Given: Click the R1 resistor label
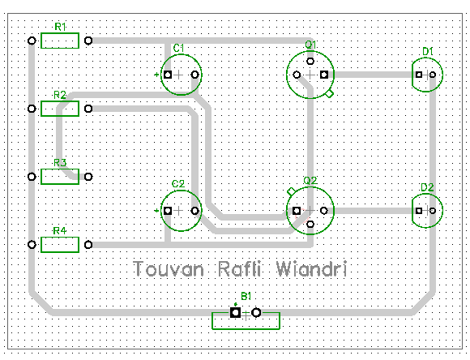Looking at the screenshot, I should [x=59, y=28].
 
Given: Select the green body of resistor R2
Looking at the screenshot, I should [x=60, y=109].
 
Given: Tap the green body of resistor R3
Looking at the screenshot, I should [x=60, y=176].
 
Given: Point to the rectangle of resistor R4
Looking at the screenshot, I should [x=60, y=244].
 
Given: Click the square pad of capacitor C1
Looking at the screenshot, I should [x=168, y=75].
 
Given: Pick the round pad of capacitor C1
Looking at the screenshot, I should [x=194, y=75].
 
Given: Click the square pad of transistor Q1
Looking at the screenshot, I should [x=323, y=75].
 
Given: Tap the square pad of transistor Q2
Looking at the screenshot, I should [x=297, y=211].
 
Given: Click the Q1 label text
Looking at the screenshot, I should [x=310, y=43].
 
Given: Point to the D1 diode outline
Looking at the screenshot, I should [x=427, y=75].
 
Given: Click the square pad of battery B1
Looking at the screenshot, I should [x=234, y=312].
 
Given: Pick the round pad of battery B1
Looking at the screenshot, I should [x=256, y=312].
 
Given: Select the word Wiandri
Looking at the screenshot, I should [x=314, y=268].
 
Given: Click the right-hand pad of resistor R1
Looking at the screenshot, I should [x=88, y=41].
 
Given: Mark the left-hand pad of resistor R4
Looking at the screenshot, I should [x=32, y=244].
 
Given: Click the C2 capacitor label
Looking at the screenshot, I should [x=178, y=184].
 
